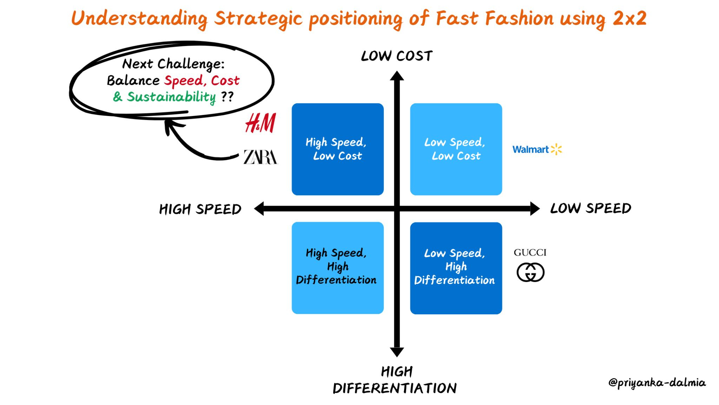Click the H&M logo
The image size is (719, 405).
click(260, 123)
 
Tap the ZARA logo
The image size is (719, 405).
click(260, 157)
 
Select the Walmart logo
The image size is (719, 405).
click(537, 149)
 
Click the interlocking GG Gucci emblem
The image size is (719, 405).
click(530, 272)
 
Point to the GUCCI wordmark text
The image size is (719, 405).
click(530, 252)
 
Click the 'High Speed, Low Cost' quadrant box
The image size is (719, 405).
click(337, 149)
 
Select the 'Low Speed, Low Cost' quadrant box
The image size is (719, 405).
click(456, 149)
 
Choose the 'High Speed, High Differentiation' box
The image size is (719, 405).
click(337, 268)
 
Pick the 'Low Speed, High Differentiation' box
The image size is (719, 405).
click(456, 268)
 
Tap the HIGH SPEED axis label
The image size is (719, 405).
click(200, 209)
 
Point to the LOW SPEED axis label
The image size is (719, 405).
click(591, 208)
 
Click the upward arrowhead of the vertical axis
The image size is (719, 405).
click(397, 76)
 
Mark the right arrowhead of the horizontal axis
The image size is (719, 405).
click(534, 208)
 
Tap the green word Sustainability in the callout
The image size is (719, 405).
click(171, 97)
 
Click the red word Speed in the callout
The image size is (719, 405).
click(184, 81)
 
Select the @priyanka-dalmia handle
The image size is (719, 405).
click(657, 382)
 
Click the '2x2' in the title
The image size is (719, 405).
click(629, 18)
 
